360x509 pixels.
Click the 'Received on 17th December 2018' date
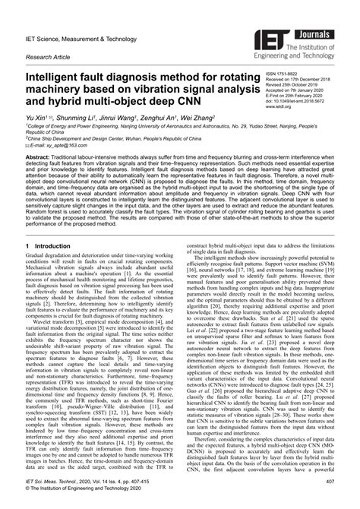coord(302,81)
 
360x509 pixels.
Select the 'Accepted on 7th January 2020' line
coord(299,92)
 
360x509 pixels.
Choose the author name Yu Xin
coord(38,120)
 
